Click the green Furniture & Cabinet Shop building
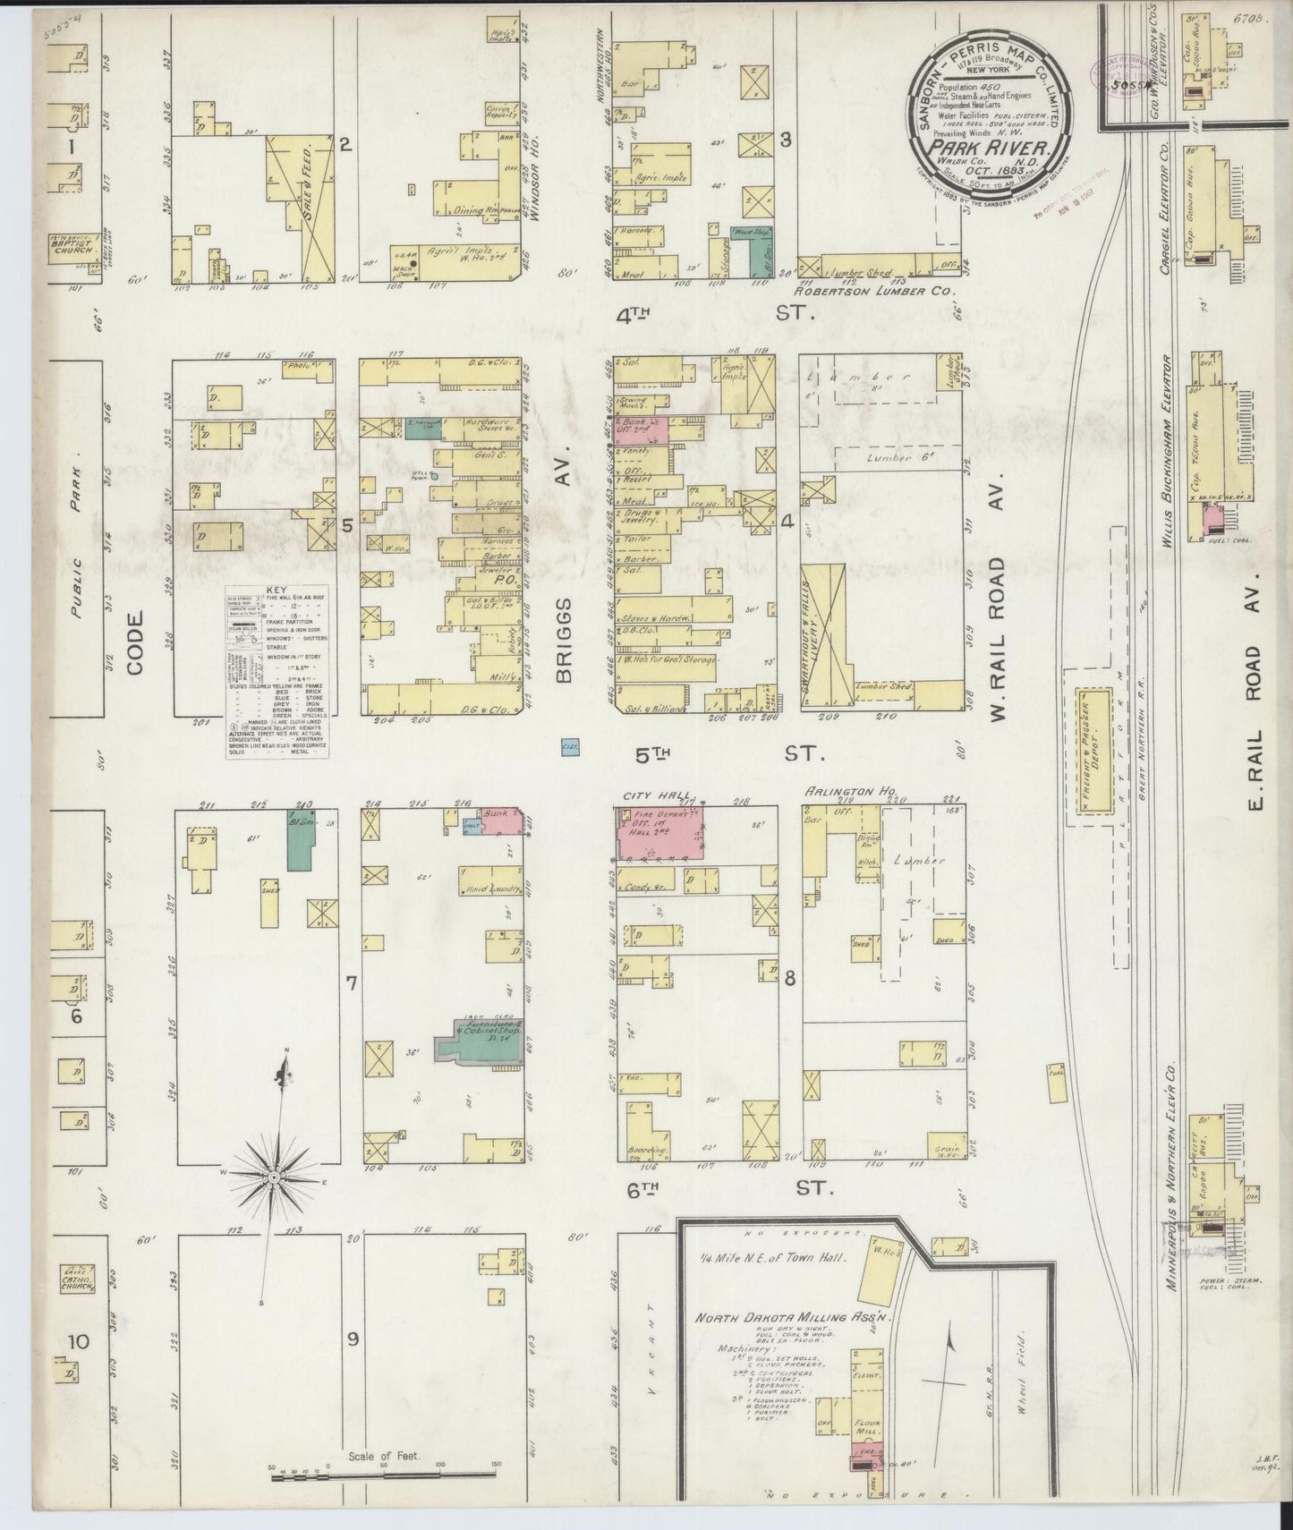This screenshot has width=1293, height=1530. pyautogui.click(x=479, y=1037)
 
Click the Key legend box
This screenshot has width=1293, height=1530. pyautogui.click(x=274, y=671)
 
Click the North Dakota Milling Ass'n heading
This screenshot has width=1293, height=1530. pyautogui.click(x=768, y=1317)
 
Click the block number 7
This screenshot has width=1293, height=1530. pyautogui.click(x=351, y=983)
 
